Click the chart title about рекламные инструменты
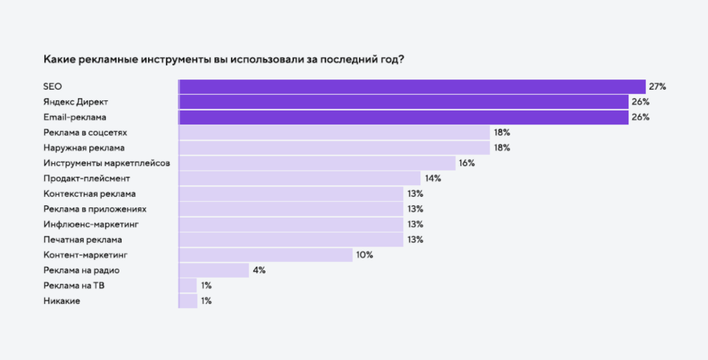pyautogui.click(x=223, y=59)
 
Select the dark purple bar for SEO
pyautogui.click(x=412, y=86)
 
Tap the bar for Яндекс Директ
pyautogui.click(x=403, y=102)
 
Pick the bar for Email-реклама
pyautogui.click(x=403, y=117)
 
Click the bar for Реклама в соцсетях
pyautogui.click(x=334, y=132)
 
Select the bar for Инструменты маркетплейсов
pyautogui.click(x=317, y=163)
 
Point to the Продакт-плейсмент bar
pyautogui.click(x=299, y=178)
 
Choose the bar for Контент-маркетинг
pyautogui.click(x=265, y=255)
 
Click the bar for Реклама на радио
pyautogui.click(x=214, y=270)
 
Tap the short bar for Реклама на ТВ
pyautogui.click(x=187, y=285)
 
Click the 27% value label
pyautogui.click(x=657, y=86)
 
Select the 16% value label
pyautogui.click(x=467, y=163)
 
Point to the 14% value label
pyautogui.click(x=433, y=178)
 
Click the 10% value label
pyautogui.click(x=364, y=255)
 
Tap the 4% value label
pyautogui.click(x=259, y=270)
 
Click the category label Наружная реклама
pyautogui.click(x=84, y=148)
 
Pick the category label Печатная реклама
pyautogui.click(x=82, y=240)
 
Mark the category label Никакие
pyautogui.click(x=61, y=301)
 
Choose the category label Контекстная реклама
pyautogui.click(x=89, y=193)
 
